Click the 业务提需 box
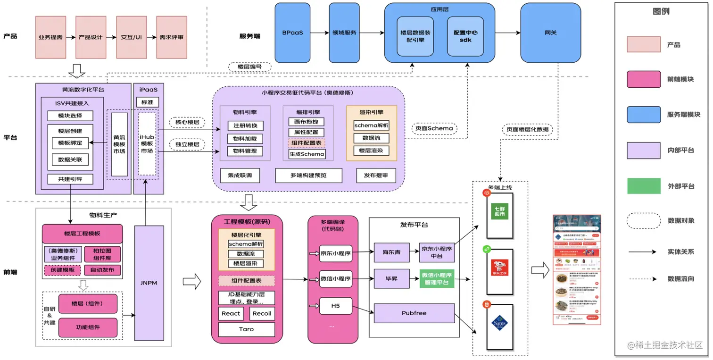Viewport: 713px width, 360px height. (50, 37)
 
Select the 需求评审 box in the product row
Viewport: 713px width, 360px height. (171, 37)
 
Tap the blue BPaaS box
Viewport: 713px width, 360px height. (292, 33)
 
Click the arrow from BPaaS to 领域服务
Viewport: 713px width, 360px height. (320, 33)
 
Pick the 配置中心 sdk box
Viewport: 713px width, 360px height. (465, 36)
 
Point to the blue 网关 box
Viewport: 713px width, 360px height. (550, 33)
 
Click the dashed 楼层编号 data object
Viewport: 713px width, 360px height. (249, 67)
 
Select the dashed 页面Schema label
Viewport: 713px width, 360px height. (434, 128)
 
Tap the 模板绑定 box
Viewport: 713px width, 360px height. (70, 143)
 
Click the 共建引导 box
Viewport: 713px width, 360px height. (70, 179)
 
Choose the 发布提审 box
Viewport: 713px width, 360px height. (376, 176)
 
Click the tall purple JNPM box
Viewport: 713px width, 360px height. (149, 283)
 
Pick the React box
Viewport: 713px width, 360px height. (231, 314)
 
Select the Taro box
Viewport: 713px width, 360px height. (246, 329)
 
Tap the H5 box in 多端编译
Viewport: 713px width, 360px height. (335, 306)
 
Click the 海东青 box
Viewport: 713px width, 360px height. (391, 252)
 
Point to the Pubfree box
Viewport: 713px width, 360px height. (414, 313)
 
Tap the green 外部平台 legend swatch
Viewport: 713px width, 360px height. (643, 185)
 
